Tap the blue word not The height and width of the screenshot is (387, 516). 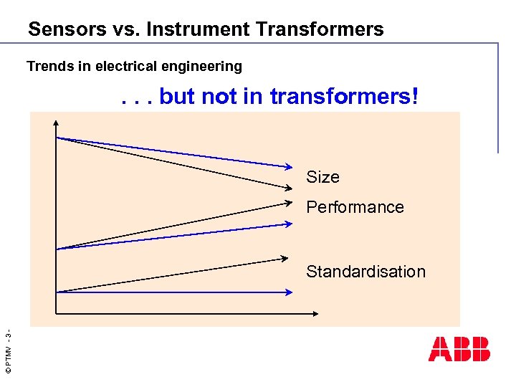[x=220, y=97]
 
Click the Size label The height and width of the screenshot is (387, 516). [x=322, y=177]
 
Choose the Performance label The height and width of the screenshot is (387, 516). [x=355, y=207]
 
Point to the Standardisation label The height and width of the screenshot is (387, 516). [x=365, y=272]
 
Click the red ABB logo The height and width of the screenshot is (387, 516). [x=459, y=349]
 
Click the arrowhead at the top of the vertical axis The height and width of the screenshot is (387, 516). [x=56, y=123]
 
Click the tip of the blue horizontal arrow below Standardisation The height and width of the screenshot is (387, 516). [x=290, y=292]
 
